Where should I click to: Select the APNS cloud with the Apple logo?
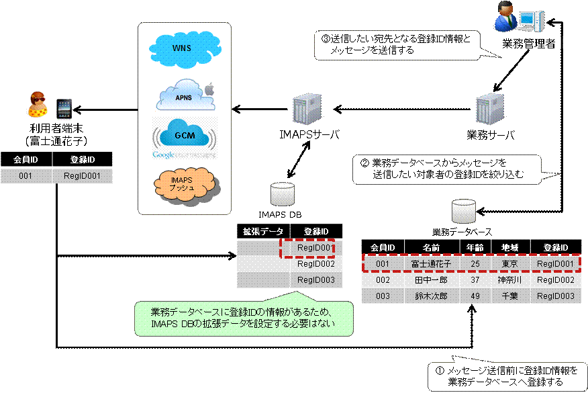(185, 96)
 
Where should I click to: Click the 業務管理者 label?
(528, 44)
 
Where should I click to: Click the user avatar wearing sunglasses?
(38, 105)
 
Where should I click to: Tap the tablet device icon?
(64, 110)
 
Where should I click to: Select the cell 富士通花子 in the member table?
(431, 264)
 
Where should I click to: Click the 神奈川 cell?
(510, 280)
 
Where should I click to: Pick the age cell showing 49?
(475, 296)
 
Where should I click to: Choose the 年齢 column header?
(475, 247)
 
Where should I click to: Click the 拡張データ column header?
(263, 232)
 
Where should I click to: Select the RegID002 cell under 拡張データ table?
(315, 264)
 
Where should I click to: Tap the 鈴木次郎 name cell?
(431, 296)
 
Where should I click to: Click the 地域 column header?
(510, 247)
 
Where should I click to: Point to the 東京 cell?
(510, 264)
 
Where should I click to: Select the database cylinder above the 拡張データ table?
(283, 194)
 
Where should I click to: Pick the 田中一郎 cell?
(431, 280)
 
